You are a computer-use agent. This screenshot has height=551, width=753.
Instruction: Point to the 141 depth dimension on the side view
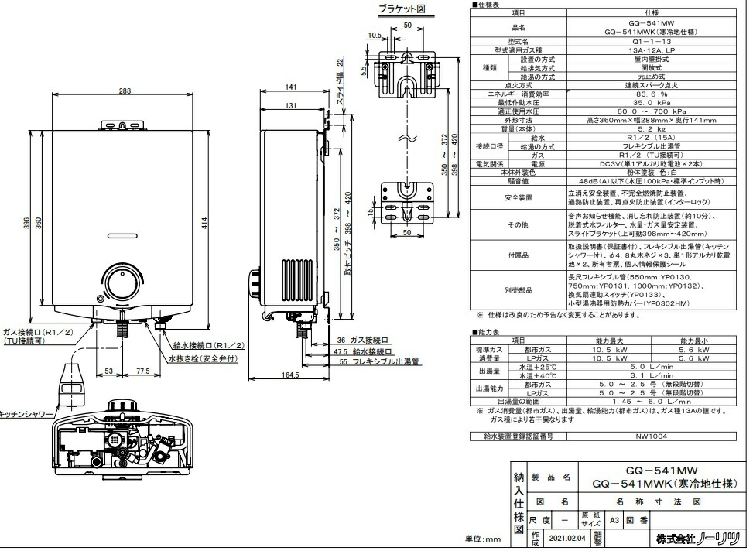(291, 87)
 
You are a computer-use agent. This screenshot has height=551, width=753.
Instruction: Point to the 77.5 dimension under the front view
(142, 371)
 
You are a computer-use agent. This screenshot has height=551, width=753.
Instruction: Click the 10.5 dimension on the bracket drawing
(375, 36)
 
